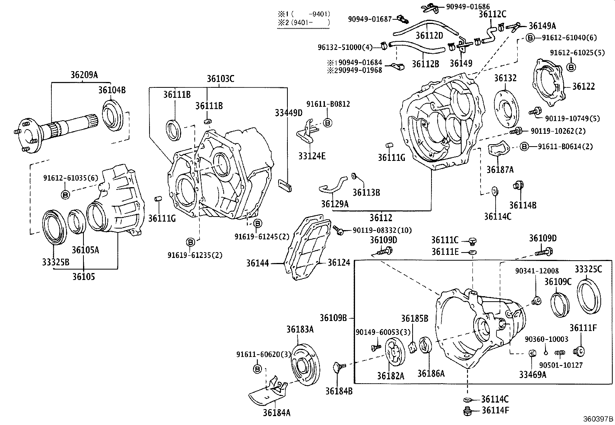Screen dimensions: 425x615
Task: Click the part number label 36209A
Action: coord(84,75)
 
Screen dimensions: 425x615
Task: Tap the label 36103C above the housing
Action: coord(220,79)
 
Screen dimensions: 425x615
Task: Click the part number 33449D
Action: coord(289,113)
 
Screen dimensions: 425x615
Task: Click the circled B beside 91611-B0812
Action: coord(327,123)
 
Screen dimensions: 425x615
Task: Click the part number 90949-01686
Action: coord(468,7)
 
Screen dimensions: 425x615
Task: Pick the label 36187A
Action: coord(500,169)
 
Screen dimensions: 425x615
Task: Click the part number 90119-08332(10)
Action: coord(382,230)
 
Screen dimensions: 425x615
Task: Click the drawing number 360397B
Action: coord(598,419)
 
